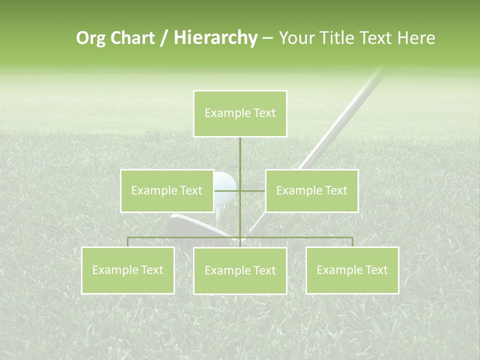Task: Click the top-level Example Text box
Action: [x=240, y=113]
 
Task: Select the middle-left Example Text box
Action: [x=166, y=190]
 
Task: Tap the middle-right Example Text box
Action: [x=311, y=190]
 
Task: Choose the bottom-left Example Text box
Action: [x=127, y=270]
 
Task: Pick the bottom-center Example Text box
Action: [x=240, y=270]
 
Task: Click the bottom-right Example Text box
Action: [x=352, y=270]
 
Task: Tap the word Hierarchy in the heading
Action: [x=215, y=38]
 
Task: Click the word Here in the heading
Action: [x=416, y=38]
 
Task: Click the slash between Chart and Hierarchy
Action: [x=164, y=38]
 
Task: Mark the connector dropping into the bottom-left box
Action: [x=127, y=242]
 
